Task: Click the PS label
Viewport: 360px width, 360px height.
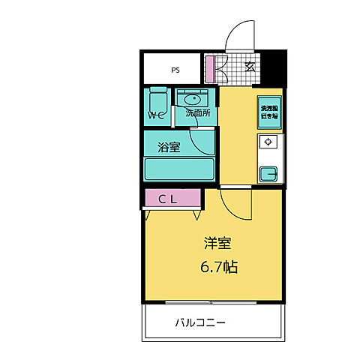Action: [175, 70]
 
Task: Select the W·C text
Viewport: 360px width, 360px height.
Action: [156, 115]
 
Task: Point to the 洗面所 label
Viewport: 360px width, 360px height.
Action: [197, 114]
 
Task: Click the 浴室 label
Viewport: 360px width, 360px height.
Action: [169, 146]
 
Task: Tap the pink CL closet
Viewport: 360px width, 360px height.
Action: [172, 198]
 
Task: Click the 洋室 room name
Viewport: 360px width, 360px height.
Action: [217, 244]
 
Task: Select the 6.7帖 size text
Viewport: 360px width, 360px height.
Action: [217, 265]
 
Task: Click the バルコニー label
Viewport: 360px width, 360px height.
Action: [201, 323]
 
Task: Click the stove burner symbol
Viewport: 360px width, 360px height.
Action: [268, 142]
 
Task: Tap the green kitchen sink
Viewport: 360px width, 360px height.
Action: [268, 173]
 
